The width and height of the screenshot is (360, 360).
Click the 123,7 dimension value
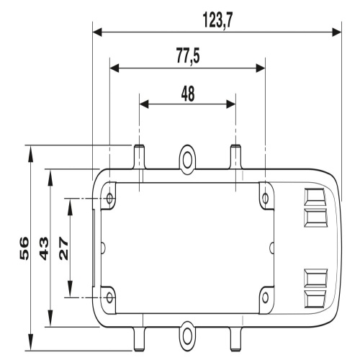click(217, 21)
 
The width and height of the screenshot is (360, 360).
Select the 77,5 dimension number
click(188, 55)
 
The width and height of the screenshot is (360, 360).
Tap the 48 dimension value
click(188, 94)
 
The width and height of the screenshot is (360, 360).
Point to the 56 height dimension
click(24, 248)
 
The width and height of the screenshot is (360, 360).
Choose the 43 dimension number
click(44, 248)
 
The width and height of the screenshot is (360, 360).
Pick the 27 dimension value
click(64, 248)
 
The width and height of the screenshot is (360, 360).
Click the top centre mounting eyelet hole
click(187, 160)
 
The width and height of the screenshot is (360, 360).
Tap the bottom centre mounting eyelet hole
click(187, 335)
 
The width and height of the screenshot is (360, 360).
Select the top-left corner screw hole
click(110, 199)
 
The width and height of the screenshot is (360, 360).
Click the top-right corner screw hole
click(265, 199)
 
